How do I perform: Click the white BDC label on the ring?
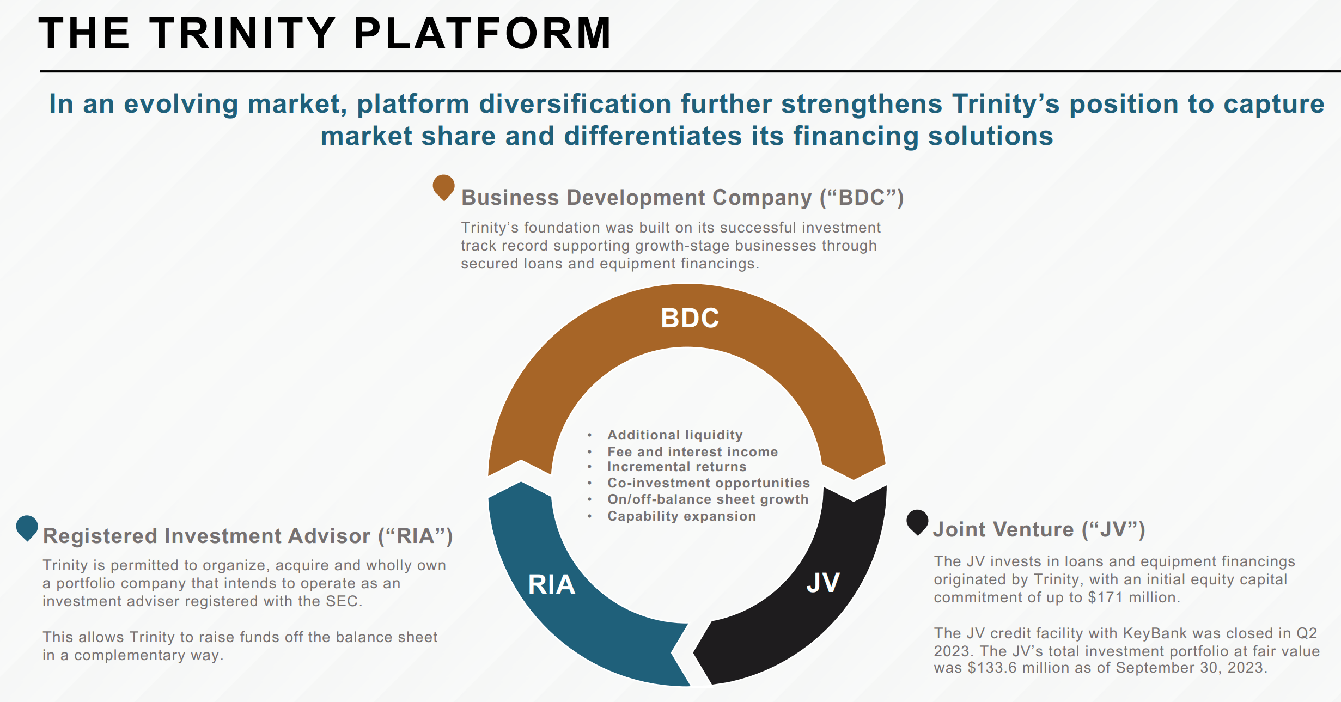tap(690, 318)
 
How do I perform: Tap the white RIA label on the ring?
tap(551, 585)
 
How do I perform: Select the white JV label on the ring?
tap(822, 583)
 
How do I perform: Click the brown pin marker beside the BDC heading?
tap(443, 187)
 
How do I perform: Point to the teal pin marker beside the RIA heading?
tap(27, 527)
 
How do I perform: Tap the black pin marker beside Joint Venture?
tap(917, 522)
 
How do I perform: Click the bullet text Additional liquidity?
tap(675, 435)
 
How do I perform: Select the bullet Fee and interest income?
tap(692, 452)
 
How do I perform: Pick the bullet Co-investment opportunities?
tap(708, 483)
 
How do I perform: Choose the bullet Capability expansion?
tap(681, 516)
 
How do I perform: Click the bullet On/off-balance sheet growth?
tap(708, 499)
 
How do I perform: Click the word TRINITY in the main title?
tap(242, 34)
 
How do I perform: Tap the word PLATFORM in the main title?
tap(483, 34)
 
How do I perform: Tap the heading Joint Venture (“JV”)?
tap(1039, 529)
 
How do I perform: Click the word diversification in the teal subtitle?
tap(575, 104)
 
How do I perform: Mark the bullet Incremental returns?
tap(676, 467)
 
